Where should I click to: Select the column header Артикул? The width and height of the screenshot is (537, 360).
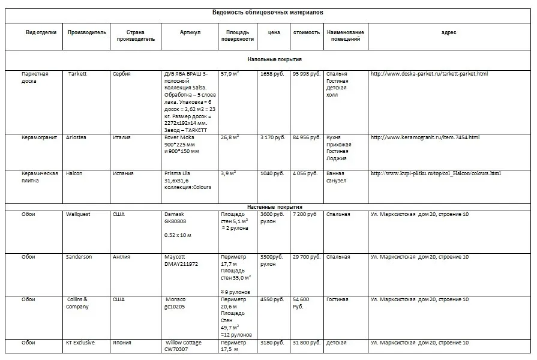(x=190, y=32)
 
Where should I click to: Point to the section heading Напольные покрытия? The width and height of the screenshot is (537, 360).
(x=274, y=59)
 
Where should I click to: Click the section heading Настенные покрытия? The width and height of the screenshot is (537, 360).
(x=274, y=206)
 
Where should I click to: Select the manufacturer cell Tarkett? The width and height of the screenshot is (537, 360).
(x=77, y=74)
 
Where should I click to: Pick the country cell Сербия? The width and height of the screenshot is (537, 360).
(x=121, y=74)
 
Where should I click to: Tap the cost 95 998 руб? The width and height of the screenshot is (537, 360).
(x=306, y=74)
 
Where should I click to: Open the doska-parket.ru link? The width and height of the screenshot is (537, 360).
(x=429, y=74)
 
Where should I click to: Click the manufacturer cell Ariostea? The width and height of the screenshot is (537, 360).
(x=78, y=137)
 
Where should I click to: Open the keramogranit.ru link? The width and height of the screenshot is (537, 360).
(x=425, y=137)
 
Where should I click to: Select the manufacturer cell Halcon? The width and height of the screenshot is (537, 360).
(x=74, y=173)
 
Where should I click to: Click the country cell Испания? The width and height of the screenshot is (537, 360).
(x=123, y=173)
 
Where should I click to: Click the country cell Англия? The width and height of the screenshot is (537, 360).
(x=122, y=257)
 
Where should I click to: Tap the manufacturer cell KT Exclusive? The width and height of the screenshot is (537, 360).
(x=80, y=343)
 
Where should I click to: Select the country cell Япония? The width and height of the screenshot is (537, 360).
(x=122, y=343)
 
